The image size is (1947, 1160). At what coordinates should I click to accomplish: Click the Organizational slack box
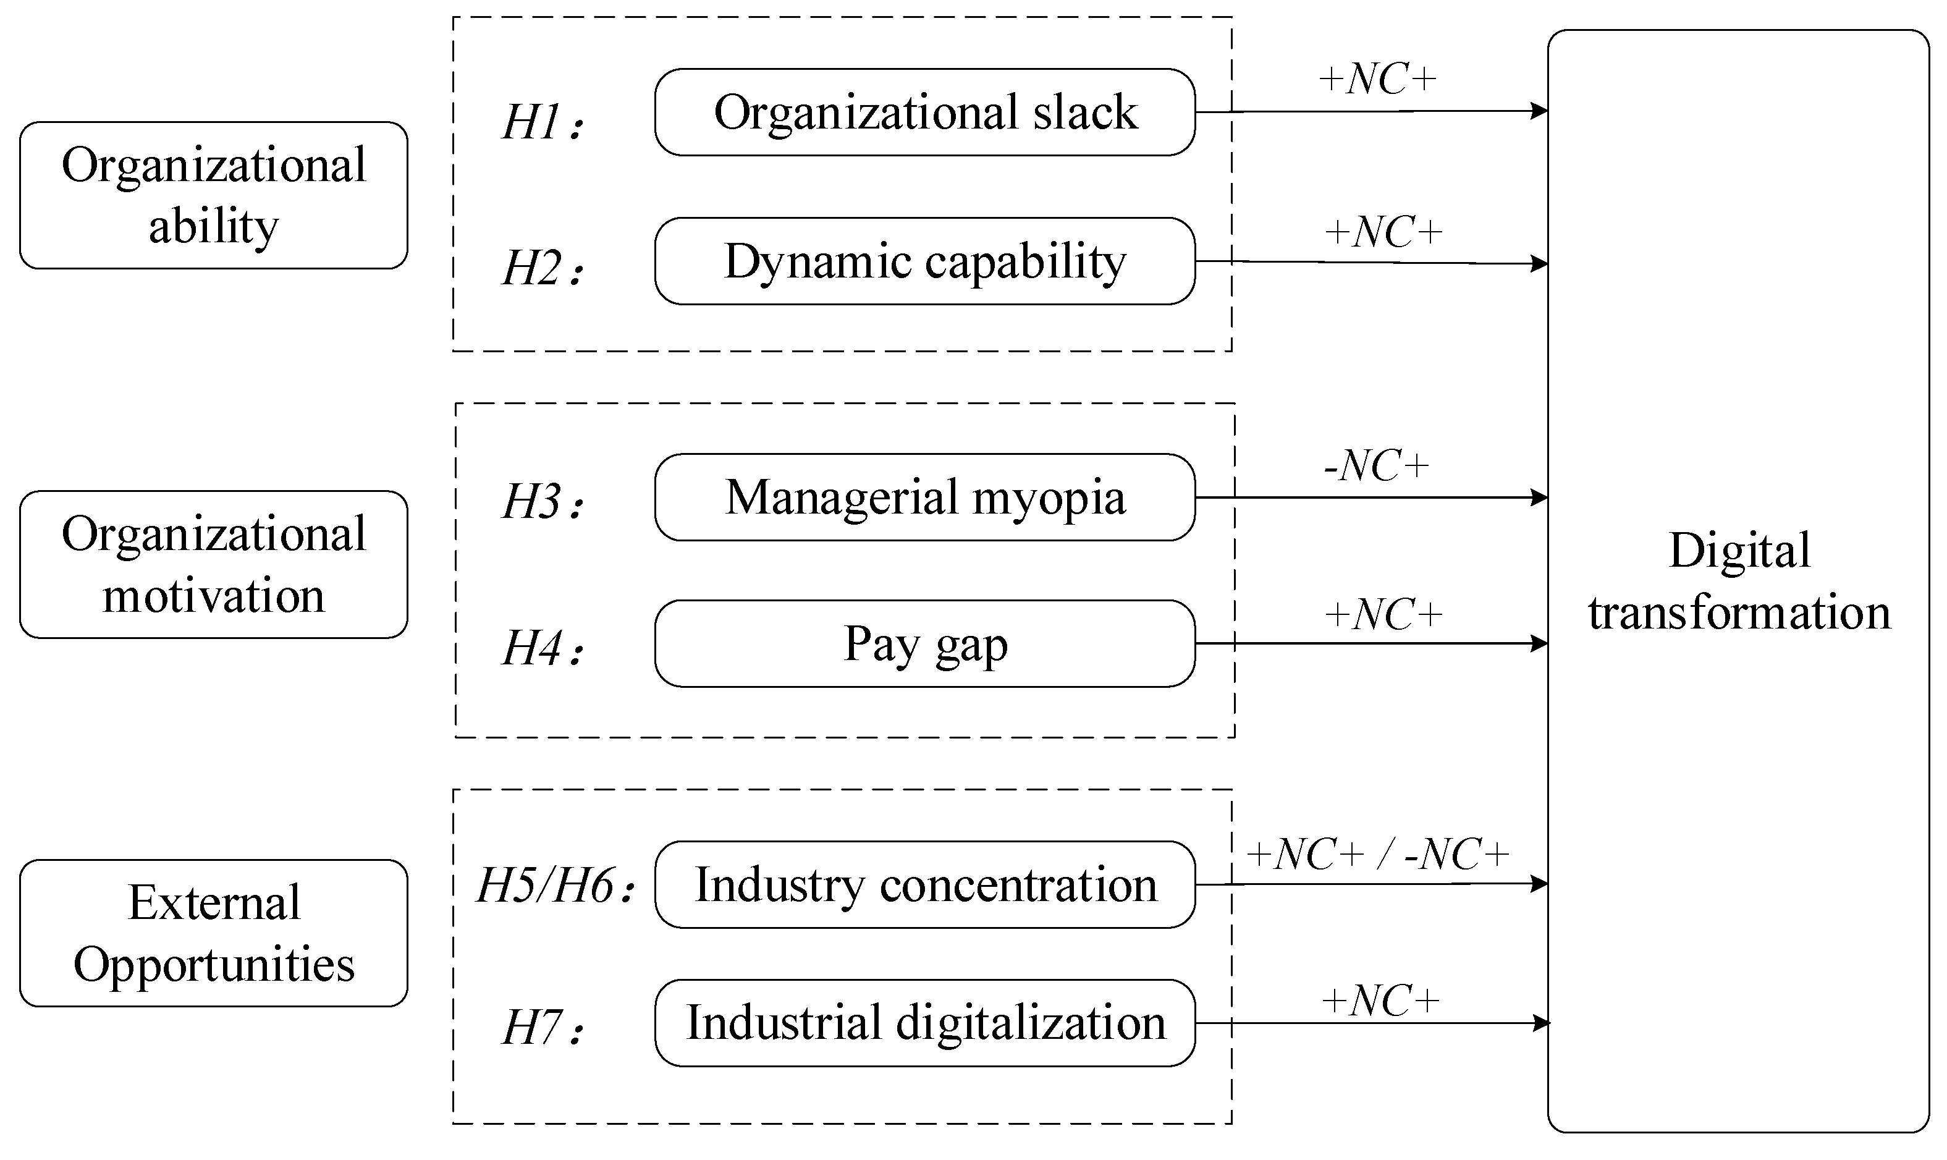click(x=925, y=112)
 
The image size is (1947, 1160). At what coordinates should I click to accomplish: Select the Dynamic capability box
click(x=925, y=261)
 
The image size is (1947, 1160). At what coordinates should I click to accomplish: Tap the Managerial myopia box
click(x=925, y=497)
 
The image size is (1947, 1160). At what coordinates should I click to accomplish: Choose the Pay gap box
click(x=925, y=644)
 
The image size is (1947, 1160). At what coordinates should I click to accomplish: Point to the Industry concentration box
click(x=925, y=885)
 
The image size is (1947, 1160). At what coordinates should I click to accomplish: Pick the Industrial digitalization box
click(x=925, y=1023)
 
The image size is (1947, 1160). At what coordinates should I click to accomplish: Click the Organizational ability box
click(x=213, y=195)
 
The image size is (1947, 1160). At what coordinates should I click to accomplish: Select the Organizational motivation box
click(x=213, y=564)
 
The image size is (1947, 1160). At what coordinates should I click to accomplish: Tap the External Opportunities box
click(x=213, y=933)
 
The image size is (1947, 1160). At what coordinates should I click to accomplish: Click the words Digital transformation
click(x=1739, y=581)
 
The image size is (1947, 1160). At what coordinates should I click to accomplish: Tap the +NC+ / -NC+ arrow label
click(x=1377, y=854)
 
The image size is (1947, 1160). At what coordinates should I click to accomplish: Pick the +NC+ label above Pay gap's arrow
click(x=1383, y=614)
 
